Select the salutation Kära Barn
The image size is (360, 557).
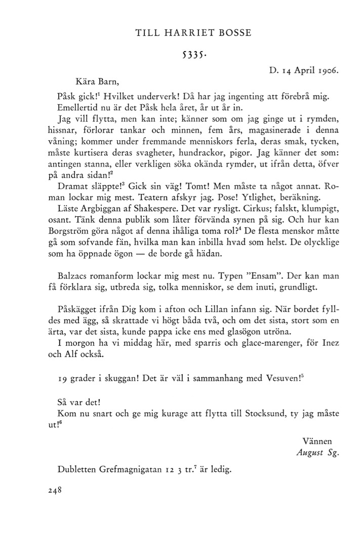pyautogui.click(x=98, y=80)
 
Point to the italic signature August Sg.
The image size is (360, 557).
pyautogui.click(x=317, y=452)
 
